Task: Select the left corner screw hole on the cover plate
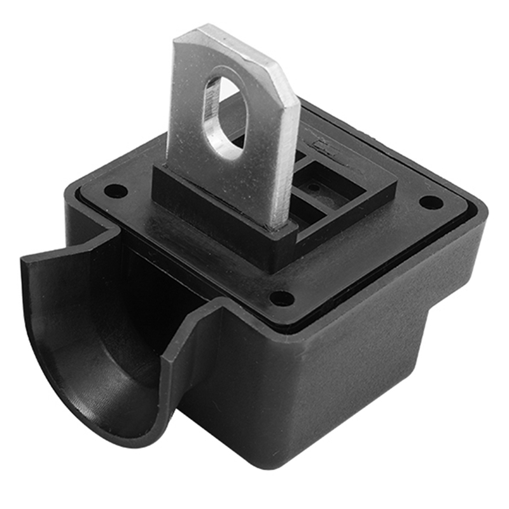(115, 190)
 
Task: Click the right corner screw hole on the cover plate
(431, 202)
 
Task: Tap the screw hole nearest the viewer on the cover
(281, 298)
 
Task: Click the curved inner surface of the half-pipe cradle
(102, 356)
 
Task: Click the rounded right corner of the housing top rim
(480, 207)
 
